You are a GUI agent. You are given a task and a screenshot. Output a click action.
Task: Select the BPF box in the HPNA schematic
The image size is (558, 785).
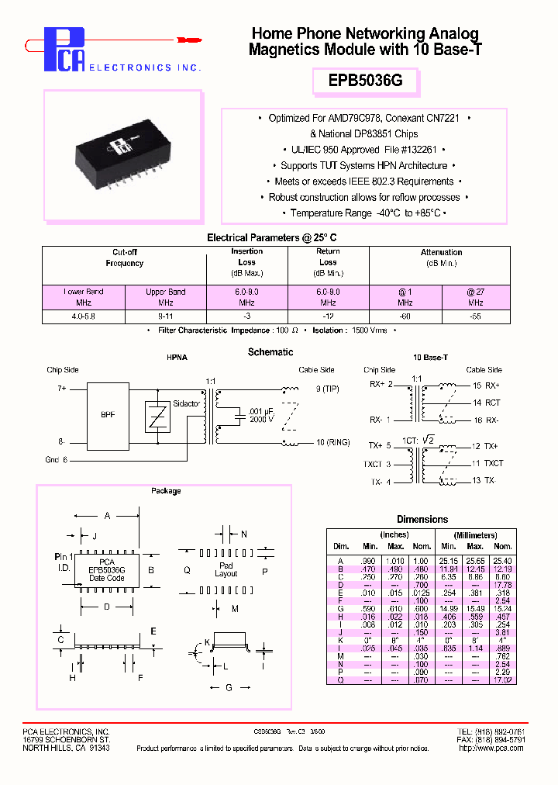coord(108,415)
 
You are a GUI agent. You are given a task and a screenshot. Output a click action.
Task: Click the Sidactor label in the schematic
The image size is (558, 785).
coord(186,404)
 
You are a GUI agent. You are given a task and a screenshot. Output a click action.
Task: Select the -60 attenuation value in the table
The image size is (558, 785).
coord(405,316)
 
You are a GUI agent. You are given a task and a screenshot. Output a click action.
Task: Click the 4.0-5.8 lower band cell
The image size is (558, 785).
coord(83,316)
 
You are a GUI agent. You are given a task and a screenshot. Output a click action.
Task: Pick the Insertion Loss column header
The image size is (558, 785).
coord(246,257)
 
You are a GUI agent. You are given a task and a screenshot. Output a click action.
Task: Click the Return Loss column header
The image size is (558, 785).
coord(328,257)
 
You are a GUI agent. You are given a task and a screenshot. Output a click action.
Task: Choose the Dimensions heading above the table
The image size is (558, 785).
coord(422,519)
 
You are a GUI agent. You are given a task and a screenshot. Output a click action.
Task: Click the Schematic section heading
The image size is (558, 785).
coord(270,352)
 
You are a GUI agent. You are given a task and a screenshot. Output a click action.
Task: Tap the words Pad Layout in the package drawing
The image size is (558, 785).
coord(226,569)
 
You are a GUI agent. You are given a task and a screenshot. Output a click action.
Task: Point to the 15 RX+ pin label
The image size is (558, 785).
coord(485,386)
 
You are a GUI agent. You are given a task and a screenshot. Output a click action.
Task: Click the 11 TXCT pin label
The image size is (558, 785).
coord(487,463)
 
